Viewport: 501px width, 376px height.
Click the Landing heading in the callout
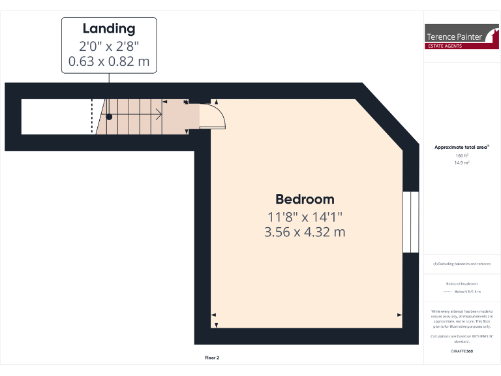[x=109, y=29]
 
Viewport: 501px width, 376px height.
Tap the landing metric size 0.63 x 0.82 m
[x=109, y=62]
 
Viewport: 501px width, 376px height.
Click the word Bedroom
[x=305, y=200]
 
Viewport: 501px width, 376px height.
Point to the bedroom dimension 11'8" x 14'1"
[x=305, y=217]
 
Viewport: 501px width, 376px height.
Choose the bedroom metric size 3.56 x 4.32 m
[x=305, y=232]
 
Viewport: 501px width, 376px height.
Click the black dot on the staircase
[x=110, y=117]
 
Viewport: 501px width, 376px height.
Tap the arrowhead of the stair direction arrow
[x=160, y=116]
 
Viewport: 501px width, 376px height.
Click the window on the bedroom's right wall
[x=411, y=222]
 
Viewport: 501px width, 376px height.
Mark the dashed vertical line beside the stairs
[x=92, y=116]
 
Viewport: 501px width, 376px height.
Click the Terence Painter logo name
[x=454, y=37]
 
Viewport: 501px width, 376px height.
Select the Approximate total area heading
[x=461, y=148]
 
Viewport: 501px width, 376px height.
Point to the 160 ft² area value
[x=462, y=156]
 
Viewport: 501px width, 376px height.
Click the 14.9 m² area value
[x=462, y=163]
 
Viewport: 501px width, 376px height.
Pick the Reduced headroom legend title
[x=462, y=284]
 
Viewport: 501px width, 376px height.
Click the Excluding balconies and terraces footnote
[x=462, y=264]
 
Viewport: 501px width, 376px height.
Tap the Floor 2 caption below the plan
[x=212, y=358]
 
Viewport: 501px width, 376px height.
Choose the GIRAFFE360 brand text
[x=462, y=351]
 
